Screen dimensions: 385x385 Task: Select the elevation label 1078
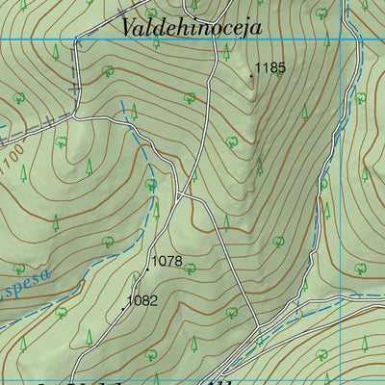tap(167, 261)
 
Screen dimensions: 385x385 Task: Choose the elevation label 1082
tap(141, 300)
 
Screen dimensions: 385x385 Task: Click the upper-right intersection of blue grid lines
tap(344, 39)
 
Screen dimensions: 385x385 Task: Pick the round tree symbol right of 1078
tap(190, 268)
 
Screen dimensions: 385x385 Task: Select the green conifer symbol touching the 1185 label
tap(279, 73)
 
